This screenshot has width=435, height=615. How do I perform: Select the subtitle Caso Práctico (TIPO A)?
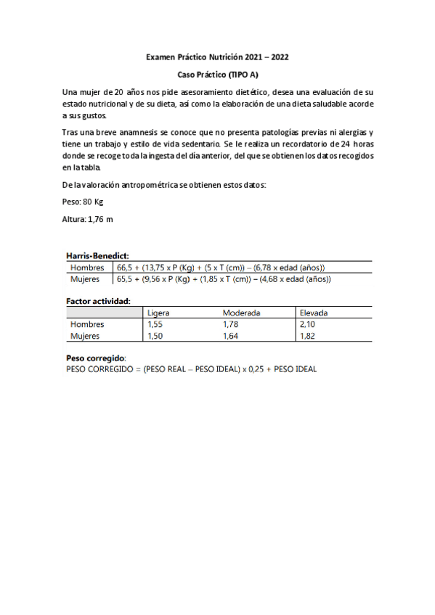(219, 75)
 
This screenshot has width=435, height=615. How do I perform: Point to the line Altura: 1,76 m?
(87, 218)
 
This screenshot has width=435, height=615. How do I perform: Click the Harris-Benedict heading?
(97, 255)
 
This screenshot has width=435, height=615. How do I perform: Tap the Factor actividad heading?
(98, 300)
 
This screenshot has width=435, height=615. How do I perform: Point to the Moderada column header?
(242, 313)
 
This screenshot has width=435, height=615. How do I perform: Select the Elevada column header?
(314, 313)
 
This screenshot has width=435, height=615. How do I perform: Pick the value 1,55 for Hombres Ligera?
(155, 324)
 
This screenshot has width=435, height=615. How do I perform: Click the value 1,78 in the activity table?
(231, 324)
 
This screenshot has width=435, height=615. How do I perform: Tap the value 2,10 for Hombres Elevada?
(308, 324)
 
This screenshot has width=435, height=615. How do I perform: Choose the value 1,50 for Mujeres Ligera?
(155, 336)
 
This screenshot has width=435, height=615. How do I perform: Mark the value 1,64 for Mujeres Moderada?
(231, 336)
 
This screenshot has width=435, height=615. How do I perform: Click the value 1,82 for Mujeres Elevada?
(308, 336)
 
